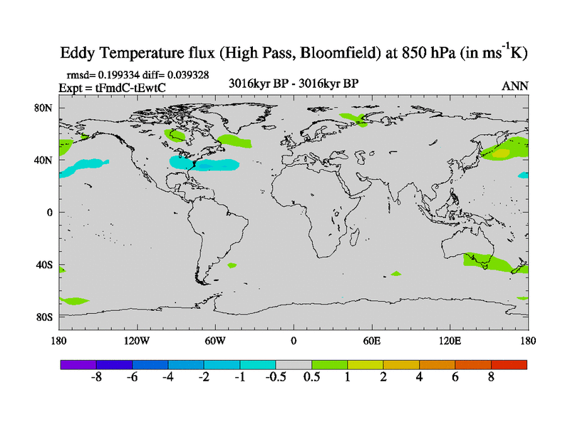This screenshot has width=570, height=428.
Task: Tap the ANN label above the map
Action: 515,86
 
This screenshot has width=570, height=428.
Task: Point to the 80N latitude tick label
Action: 45,108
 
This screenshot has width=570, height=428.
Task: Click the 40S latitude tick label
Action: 45,265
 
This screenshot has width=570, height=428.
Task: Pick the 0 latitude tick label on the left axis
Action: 50,213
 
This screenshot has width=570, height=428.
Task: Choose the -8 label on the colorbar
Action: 97,377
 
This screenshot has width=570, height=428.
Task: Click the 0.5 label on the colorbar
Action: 312,377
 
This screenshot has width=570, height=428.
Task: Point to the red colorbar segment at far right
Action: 509,365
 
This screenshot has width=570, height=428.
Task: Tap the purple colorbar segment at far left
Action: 78,365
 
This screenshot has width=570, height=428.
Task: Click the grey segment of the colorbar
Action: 294,365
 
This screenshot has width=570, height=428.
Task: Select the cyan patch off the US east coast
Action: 203,164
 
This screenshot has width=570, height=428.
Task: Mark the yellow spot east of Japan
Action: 502,153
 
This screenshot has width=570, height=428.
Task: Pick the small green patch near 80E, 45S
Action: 395,273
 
